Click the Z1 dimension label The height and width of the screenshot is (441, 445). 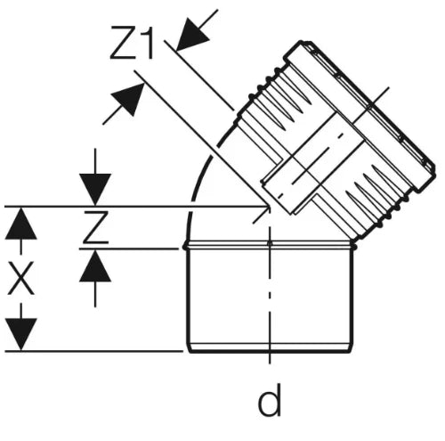(x=132, y=43)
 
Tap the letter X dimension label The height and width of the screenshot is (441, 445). (x=20, y=278)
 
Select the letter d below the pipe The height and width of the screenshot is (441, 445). (x=270, y=400)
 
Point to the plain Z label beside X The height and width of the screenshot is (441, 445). (x=95, y=227)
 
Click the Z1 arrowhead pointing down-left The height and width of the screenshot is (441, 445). (x=193, y=34)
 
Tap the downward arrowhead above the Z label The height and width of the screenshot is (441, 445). (x=95, y=190)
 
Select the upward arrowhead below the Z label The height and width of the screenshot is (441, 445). (x=95, y=265)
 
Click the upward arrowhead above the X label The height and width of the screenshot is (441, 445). (x=20, y=224)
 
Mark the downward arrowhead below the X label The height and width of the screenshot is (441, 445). (x=20, y=335)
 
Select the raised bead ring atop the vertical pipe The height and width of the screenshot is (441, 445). (x=270, y=246)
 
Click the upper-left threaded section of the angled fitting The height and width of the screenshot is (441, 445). (x=274, y=100)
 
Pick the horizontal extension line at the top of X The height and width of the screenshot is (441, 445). (x=135, y=206)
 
